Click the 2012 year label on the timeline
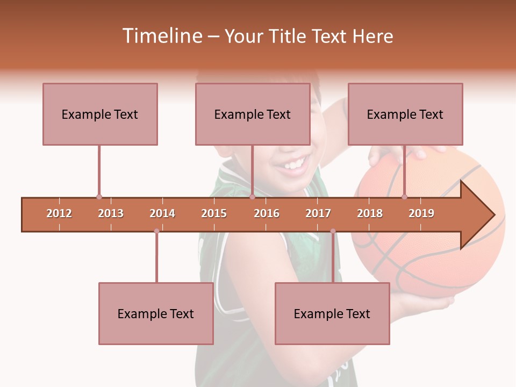pyautogui.click(x=59, y=213)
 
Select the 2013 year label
pyautogui.click(x=111, y=213)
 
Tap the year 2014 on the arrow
pyautogui.click(x=162, y=213)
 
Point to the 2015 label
pyautogui.click(x=214, y=213)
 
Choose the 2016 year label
pyautogui.click(x=267, y=213)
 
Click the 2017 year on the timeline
pyautogui.click(x=318, y=213)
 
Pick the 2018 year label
pyautogui.click(x=370, y=213)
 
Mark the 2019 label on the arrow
pyautogui.click(x=421, y=213)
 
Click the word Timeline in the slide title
pyautogui.click(x=161, y=36)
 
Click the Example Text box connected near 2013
pyautogui.click(x=100, y=114)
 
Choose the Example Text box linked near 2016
pyautogui.click(x=253, y=114)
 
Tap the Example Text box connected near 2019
pyautogui.click(x=405, y=114)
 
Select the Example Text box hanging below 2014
pyautogui.click(x=156, y=313)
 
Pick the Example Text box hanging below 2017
pyautogui.click(x=332, y=313)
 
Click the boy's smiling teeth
pyautogui.click(x=293, y=163)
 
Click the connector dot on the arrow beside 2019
pyautogui.click(x=405, y=197)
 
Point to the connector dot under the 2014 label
pyautogui.click(x=156, y=231)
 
